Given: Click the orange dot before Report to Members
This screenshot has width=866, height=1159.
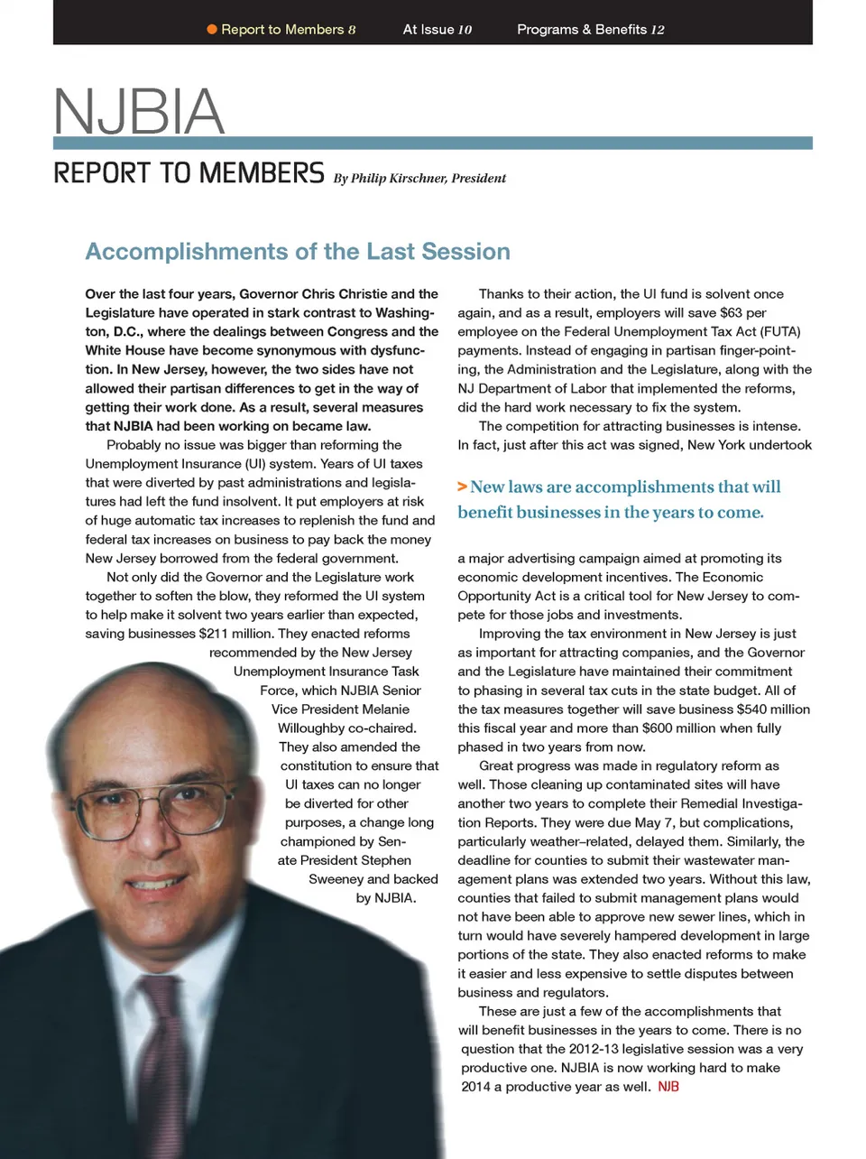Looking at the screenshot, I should click(x=212, y=30).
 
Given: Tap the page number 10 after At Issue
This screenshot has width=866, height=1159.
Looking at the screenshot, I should click(x=465, y=30).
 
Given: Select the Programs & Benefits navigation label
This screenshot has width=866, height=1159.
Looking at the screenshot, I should click(x=581, y=30).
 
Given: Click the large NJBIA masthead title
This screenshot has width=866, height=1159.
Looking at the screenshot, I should click(x=139, y=112).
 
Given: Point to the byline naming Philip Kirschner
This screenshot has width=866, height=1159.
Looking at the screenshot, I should click(x=419, y=179).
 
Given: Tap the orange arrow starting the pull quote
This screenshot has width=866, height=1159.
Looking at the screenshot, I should click(x=462, y=487).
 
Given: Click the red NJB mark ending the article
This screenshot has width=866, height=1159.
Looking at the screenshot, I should click(x=668, y=1087).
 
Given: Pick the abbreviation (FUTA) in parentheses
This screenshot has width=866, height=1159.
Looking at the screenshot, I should click(x=782, y=331).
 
